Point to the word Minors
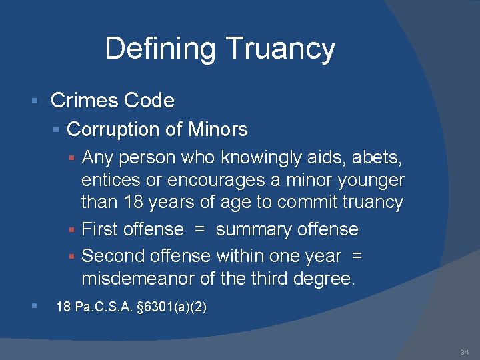point(218,129)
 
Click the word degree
point(327,278)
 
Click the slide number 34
point(464,351)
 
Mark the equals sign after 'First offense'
point(199,230)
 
